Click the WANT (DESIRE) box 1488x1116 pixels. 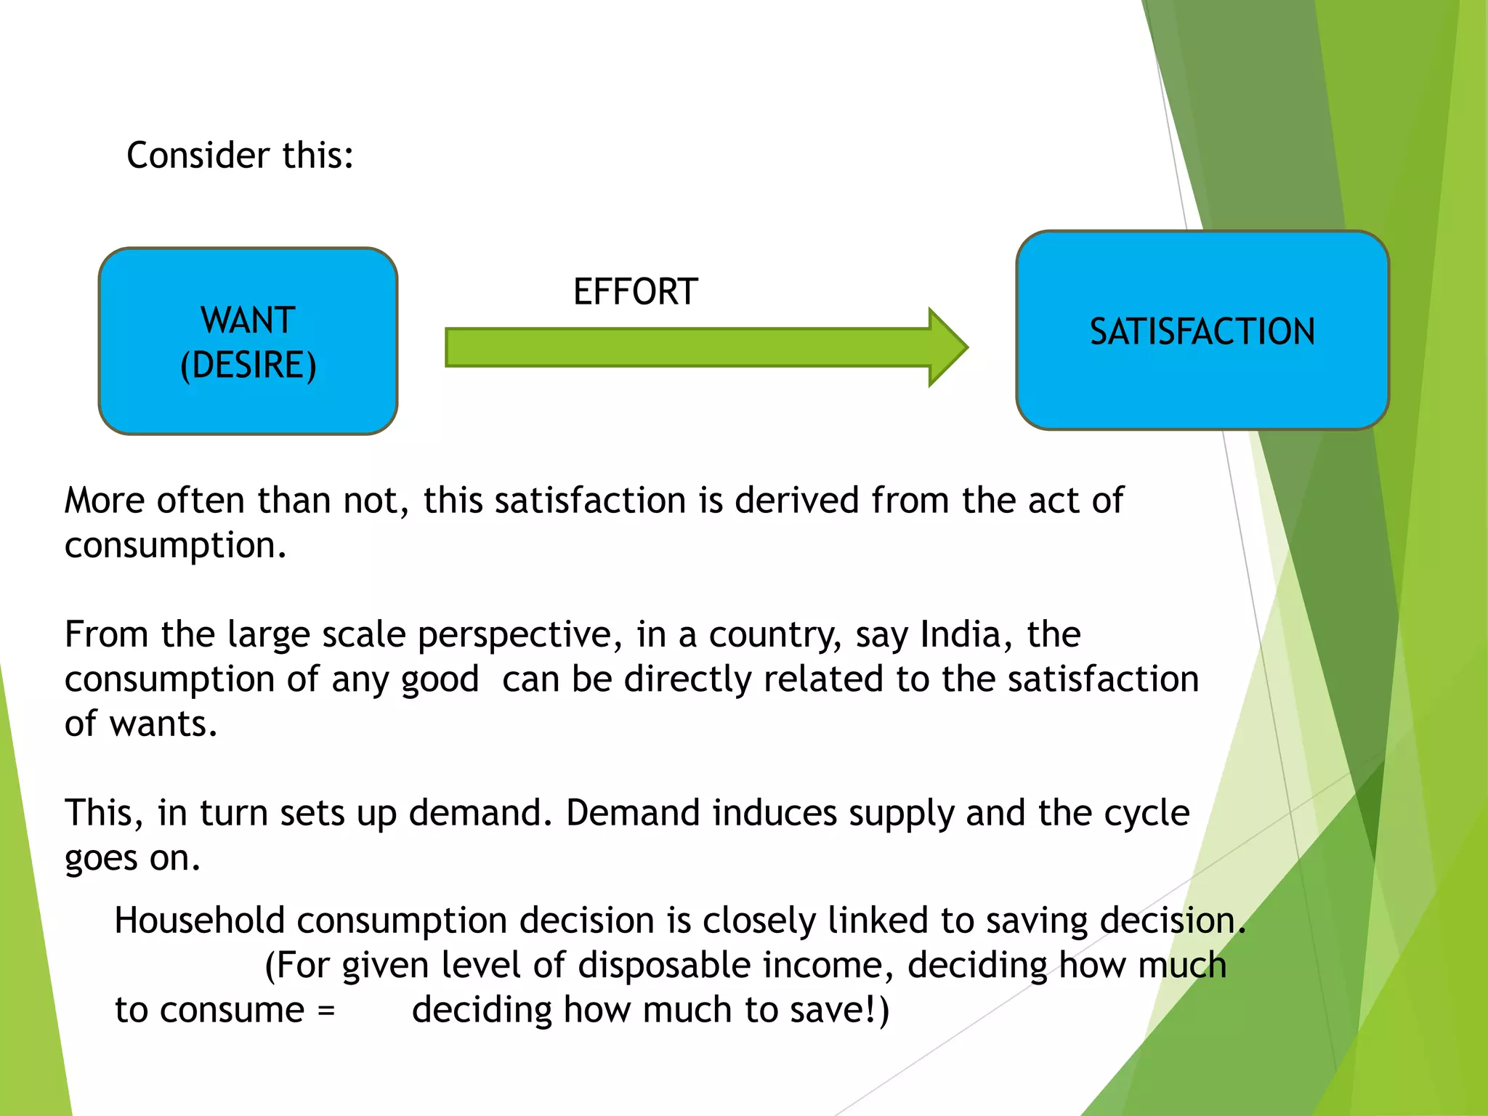click(x=248, y=341)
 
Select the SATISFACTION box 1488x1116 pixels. click(x=1202, y=331)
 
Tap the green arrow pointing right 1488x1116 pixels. click(x=705, y=347)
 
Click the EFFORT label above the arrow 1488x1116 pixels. click(x=636, y=292)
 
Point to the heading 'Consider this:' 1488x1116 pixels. click(x=240, y=155)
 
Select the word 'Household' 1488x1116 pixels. click(x=199, y=921)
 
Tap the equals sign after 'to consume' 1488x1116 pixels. click(x=326, y=1011)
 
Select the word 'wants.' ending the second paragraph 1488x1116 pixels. click(x=163, y=724)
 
